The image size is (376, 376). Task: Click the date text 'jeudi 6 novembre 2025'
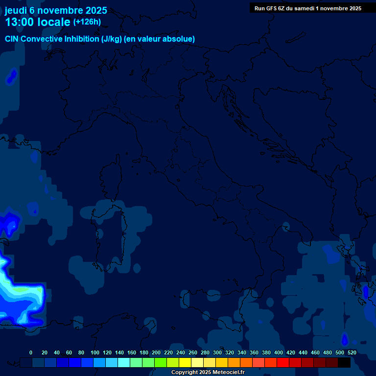56,10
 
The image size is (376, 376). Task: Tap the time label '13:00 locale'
38,22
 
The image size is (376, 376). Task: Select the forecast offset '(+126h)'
87,22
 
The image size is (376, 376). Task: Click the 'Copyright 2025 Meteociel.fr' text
208,373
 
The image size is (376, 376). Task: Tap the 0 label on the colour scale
31,352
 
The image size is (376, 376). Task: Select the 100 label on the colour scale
94,352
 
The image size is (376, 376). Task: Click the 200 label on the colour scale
156,352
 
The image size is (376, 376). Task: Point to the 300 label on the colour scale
217,352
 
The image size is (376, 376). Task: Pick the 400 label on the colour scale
278,352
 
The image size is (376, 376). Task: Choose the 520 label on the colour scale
352,352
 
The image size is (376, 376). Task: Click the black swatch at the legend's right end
344,362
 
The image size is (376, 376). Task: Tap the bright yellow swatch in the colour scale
185,362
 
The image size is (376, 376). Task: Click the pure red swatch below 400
283,362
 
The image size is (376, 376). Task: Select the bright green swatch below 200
161,362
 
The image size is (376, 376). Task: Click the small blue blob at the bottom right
344,339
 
